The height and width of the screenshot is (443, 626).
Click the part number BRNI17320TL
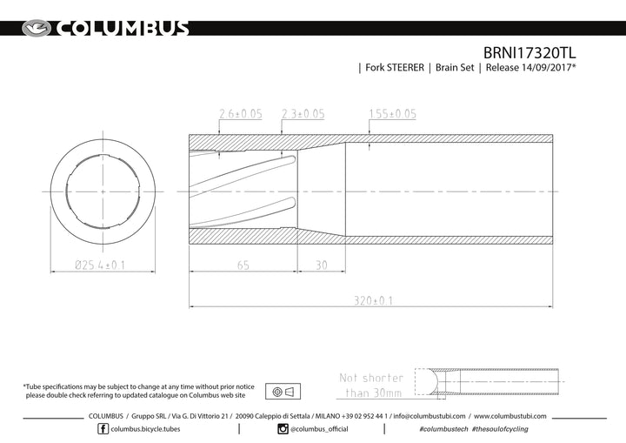529,53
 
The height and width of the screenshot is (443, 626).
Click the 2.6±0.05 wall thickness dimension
241,114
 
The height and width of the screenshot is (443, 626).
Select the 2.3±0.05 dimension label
303,114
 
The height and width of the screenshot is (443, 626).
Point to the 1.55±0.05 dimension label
392,114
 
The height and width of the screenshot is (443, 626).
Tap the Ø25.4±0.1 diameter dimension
100,265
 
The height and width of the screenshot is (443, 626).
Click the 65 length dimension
243,265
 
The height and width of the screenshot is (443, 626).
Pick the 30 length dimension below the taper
322,265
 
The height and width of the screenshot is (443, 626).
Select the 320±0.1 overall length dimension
373,300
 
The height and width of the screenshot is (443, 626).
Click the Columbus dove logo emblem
37,29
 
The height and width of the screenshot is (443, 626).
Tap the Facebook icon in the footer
103,429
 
